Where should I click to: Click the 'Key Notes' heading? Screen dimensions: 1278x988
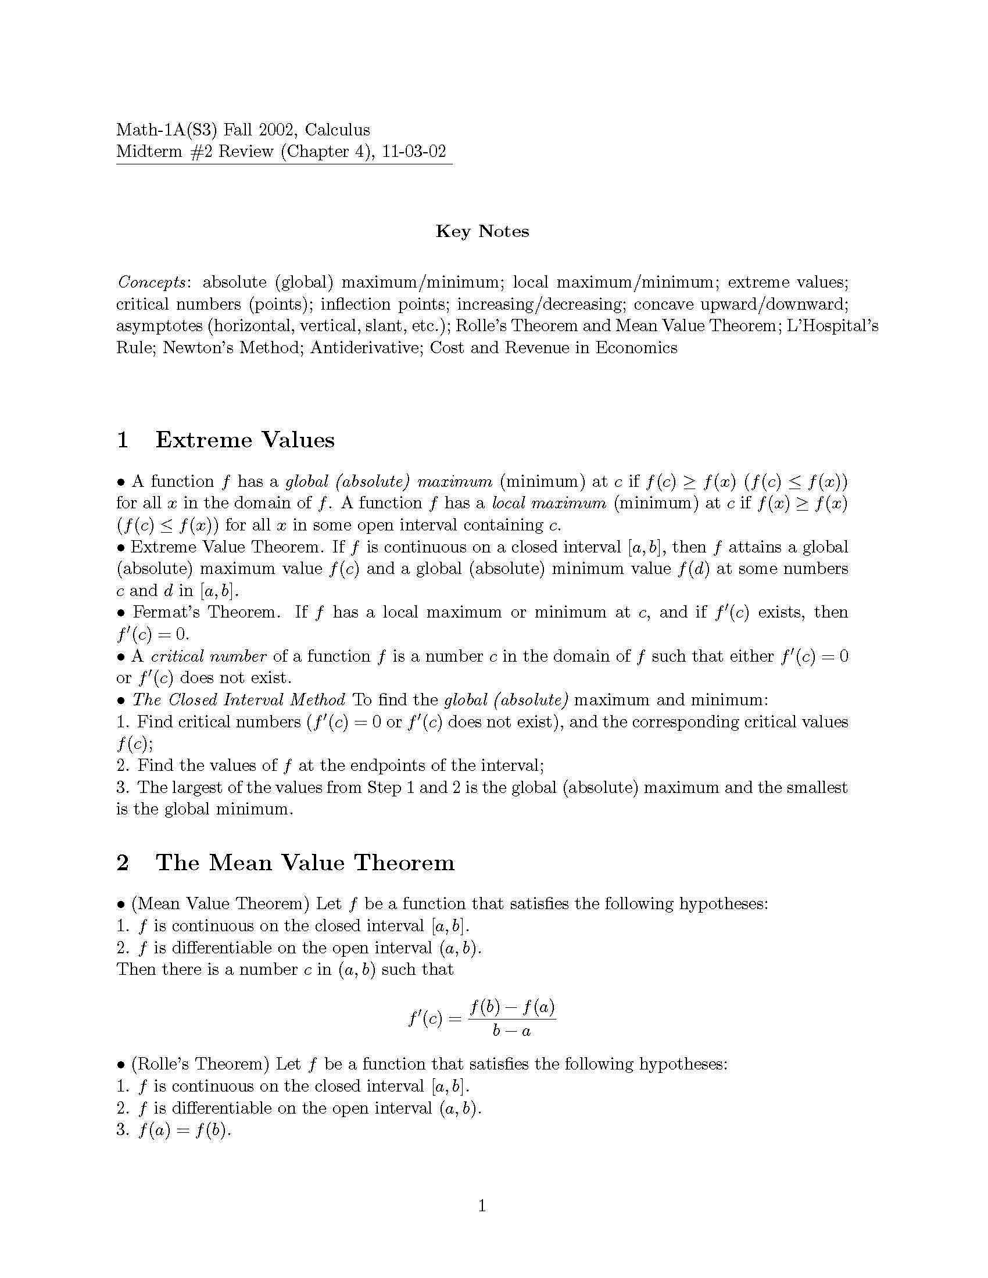coord(482,231)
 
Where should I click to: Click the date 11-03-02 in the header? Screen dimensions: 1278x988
coord(414,152)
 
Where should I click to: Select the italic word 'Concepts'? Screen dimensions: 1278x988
coord(152,283)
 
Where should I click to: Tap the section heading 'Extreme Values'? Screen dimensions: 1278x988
coord(245,440)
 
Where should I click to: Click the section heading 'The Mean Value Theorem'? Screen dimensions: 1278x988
coord(305,863)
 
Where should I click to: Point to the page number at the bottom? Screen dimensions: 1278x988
coord(482,1206)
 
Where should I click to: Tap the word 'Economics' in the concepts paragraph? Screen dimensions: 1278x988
coord(636,348)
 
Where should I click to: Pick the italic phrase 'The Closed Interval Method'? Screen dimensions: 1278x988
coord(239,700)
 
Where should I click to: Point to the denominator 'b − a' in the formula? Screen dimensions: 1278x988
coord(511,1031)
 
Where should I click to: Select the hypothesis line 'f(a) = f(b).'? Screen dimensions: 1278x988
coord(184,1130)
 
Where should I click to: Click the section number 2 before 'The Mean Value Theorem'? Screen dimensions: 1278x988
coord(123,863)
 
